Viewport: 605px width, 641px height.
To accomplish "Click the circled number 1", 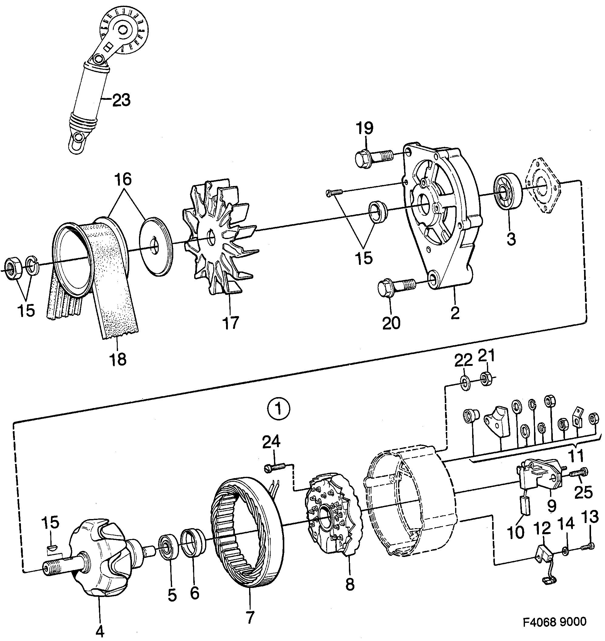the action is (x=279, y=410).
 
